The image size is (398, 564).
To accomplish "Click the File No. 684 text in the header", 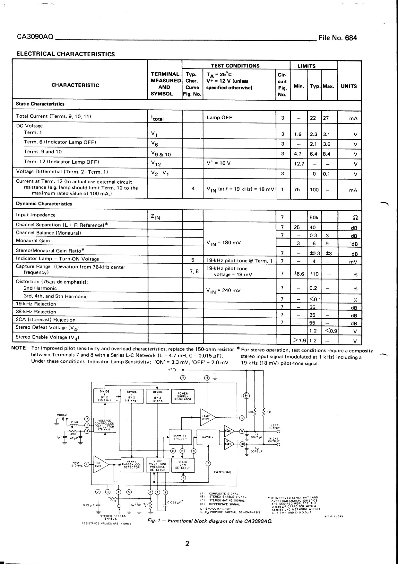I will pyautogui.click(x=337, y=38).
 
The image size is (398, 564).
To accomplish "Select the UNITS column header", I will pyautogui.click(x=349, y=86).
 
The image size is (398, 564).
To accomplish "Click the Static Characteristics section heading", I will pyautogui.click(x=40, y=104).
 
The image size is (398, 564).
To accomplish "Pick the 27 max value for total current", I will pyautogui.click(x=326, y=118).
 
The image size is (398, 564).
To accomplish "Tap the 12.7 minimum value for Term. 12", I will pyautogui.click(x=299, y=164).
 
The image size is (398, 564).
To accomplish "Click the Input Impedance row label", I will pyautogui.click(x=36, y=215).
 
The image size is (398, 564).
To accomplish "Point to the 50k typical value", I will pyautogui.click(x=314, y=218).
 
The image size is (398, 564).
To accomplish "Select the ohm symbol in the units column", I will pyautogui.click(x=355, y=218).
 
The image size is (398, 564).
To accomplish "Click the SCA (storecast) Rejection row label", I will pyautogui.click(x=46, y=320).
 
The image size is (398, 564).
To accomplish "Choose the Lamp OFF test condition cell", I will pyautogui.click(x=219, y=118).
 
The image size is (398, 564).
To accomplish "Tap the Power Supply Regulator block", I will pyautogui.click(x=183, y=396).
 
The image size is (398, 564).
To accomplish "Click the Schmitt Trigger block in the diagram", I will pyautogui.click(x=180, y=437).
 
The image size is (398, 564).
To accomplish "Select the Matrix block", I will pyautogui.click(x=208, y=437).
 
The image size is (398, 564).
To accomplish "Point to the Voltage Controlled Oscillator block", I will pyautogui.click(x=105, y=425).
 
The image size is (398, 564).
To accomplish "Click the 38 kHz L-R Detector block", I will pyautogui.click(x=183, y=464).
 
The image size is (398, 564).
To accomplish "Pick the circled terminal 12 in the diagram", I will pyautogui.click(x=242, y=418).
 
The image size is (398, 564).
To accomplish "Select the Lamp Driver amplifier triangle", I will pyautogui.click(x=207, y=417).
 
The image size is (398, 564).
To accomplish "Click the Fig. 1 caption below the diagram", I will pyautogui.click(x=210, y=521).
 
